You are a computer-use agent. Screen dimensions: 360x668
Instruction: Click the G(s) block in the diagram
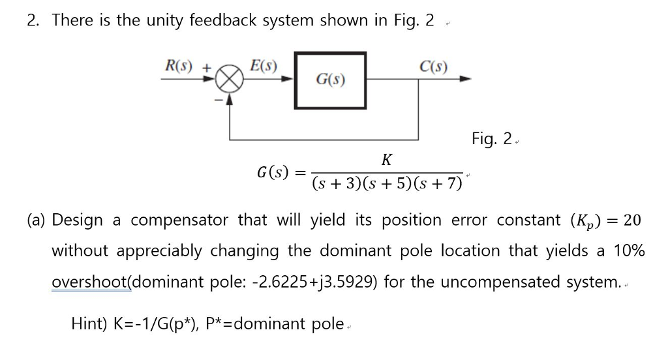click(330, 80)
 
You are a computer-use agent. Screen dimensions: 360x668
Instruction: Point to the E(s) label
click(264, 66)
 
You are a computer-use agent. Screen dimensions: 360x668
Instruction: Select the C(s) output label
click(433, 66)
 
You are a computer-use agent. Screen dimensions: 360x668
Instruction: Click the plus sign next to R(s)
click(206, 67)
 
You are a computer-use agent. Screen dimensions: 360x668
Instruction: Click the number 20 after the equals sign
click(632, 220)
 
